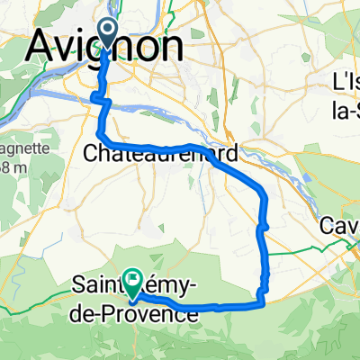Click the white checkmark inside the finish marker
[133, 280]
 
